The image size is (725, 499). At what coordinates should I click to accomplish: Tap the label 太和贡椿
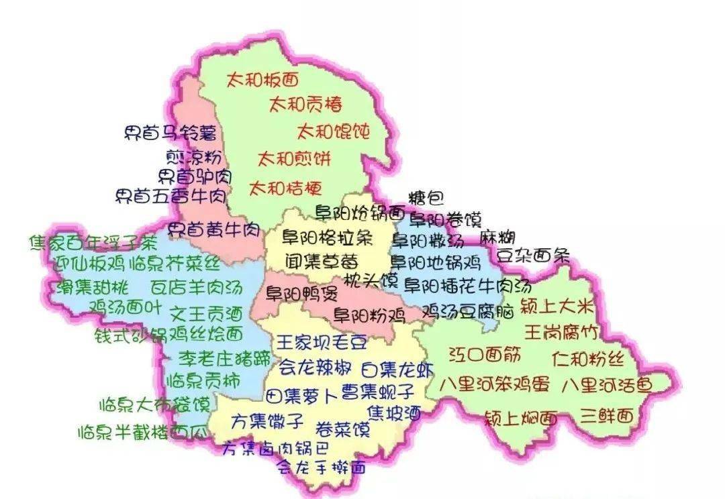pyautogui.click(x=305, y=104)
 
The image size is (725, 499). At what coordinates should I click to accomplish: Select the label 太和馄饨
pyautogui.click(x=334, y=130)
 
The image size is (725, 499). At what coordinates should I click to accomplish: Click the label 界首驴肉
pyautogui.click(x=195, y=177)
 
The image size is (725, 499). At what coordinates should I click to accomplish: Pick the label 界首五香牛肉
pyautogui.click(x=171, y=197)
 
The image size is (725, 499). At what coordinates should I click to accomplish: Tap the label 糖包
pyautogui.click(x=426, y=198)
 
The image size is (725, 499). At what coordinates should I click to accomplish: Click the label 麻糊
pyautogui.click(x=497, y=237)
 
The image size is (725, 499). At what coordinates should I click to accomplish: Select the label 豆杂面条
pyautogui.click(x=533, y=256)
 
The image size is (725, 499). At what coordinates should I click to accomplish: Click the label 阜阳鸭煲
pyautogui.click(x=292, y=293)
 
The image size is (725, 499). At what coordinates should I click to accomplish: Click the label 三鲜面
pyautogui.click(x=608, y=416)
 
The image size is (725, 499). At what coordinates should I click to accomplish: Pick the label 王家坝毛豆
pyautogui.click(x=322, y=343)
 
